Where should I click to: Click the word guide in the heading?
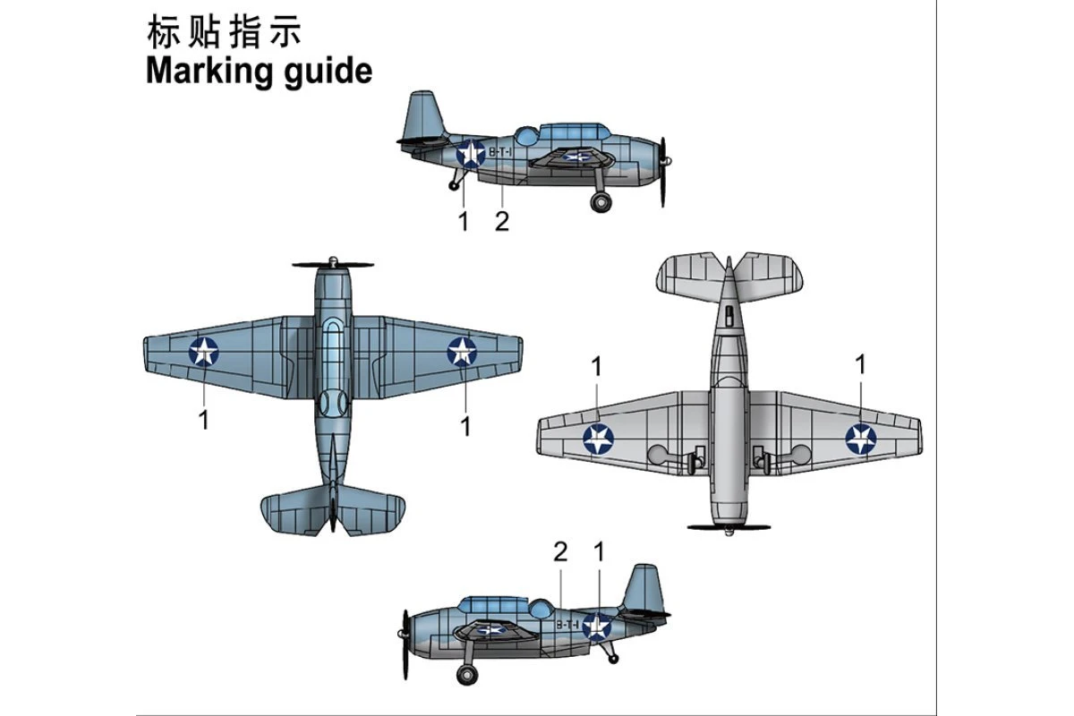tap(327, 72)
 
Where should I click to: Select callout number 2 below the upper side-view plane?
tap(501, 221)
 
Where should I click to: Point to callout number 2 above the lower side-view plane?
tap(560, 553)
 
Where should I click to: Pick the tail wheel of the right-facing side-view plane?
tap(455, 185)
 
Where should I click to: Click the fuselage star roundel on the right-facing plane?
tap(470, 154)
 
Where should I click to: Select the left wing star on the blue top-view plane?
tap(204, 351)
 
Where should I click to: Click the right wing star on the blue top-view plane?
tap(462, 351)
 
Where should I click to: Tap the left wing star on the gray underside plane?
tap(598, 439)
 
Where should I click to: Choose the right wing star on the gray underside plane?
tap(861, 438)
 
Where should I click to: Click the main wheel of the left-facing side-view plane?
tap(466, 674)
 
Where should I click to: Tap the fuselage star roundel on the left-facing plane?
tap(597, 626)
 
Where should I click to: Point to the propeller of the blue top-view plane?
tap(333, 265)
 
